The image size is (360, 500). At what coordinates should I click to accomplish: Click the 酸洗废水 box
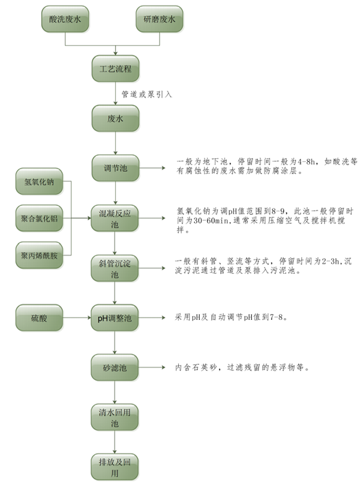pos(65,20)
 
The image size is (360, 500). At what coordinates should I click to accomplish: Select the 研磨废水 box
pos(160,20)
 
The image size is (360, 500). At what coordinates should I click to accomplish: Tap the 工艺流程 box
pos(115,69)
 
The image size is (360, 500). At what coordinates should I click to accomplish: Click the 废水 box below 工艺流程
pos(115,118)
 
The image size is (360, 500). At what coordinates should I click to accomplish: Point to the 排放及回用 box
pos(115,466)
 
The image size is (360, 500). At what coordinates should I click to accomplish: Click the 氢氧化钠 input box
pos(39,182)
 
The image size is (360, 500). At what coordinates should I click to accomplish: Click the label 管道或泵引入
pos(147,94)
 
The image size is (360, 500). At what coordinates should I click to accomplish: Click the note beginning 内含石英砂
pos(242,367)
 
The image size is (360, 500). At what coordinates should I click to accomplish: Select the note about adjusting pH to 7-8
pos(231,317)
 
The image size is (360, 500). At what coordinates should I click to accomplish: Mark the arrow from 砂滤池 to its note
pos(153,367)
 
